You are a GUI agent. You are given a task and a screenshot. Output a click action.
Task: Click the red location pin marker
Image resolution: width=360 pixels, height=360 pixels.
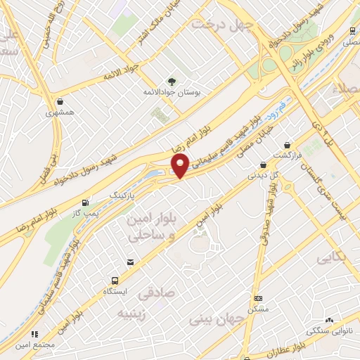coord(181,166)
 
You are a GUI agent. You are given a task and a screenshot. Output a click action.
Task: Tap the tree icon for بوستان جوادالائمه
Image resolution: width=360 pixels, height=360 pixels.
coord(171,81)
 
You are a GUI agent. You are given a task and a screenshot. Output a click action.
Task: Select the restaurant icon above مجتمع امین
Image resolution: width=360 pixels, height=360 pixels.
coord(34,335)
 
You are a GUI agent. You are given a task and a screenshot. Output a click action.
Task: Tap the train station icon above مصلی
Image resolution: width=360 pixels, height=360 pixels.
coord(352,31)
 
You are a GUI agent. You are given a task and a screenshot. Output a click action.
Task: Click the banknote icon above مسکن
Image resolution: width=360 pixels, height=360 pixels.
coord(258,298)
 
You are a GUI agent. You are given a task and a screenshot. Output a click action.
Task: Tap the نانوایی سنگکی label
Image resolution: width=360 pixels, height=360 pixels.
coord(329,331)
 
